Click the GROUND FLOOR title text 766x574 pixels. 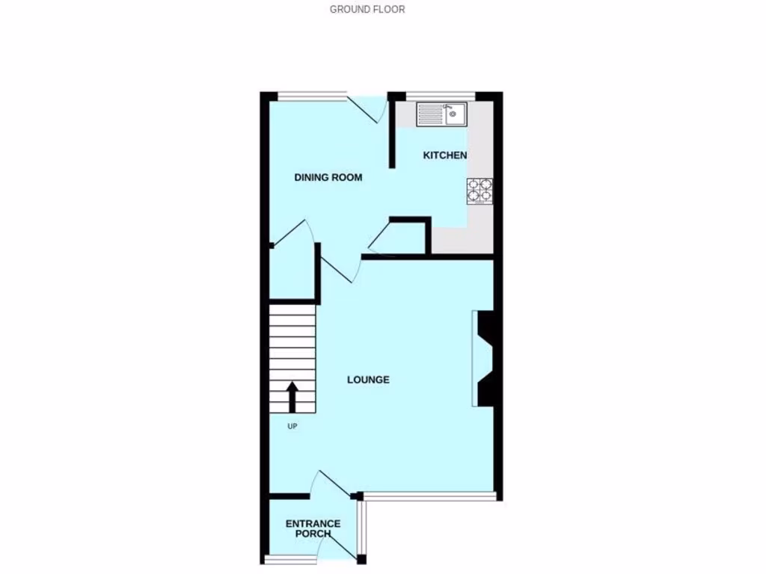pyautogui.click(x=367, y=10)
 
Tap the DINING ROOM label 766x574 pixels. pyautogui.click(x=328, y=178)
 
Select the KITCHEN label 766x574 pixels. pyautogui.click(x=444, y=155)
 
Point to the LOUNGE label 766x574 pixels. pyautogui.click(x=368, y=380)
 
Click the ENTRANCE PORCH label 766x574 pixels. pyautogui.click(x=313, y=528)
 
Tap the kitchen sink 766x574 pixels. pyautogui.click(x=441, y=114)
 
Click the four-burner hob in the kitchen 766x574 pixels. pyautogui.click(x=480, y=191)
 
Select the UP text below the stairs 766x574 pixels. pyautogui.click(x=292, y=427)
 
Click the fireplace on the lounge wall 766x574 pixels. pyautogui.click(x=483, y=359)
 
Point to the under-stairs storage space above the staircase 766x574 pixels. pyautogui.click(x=293, y=273)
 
